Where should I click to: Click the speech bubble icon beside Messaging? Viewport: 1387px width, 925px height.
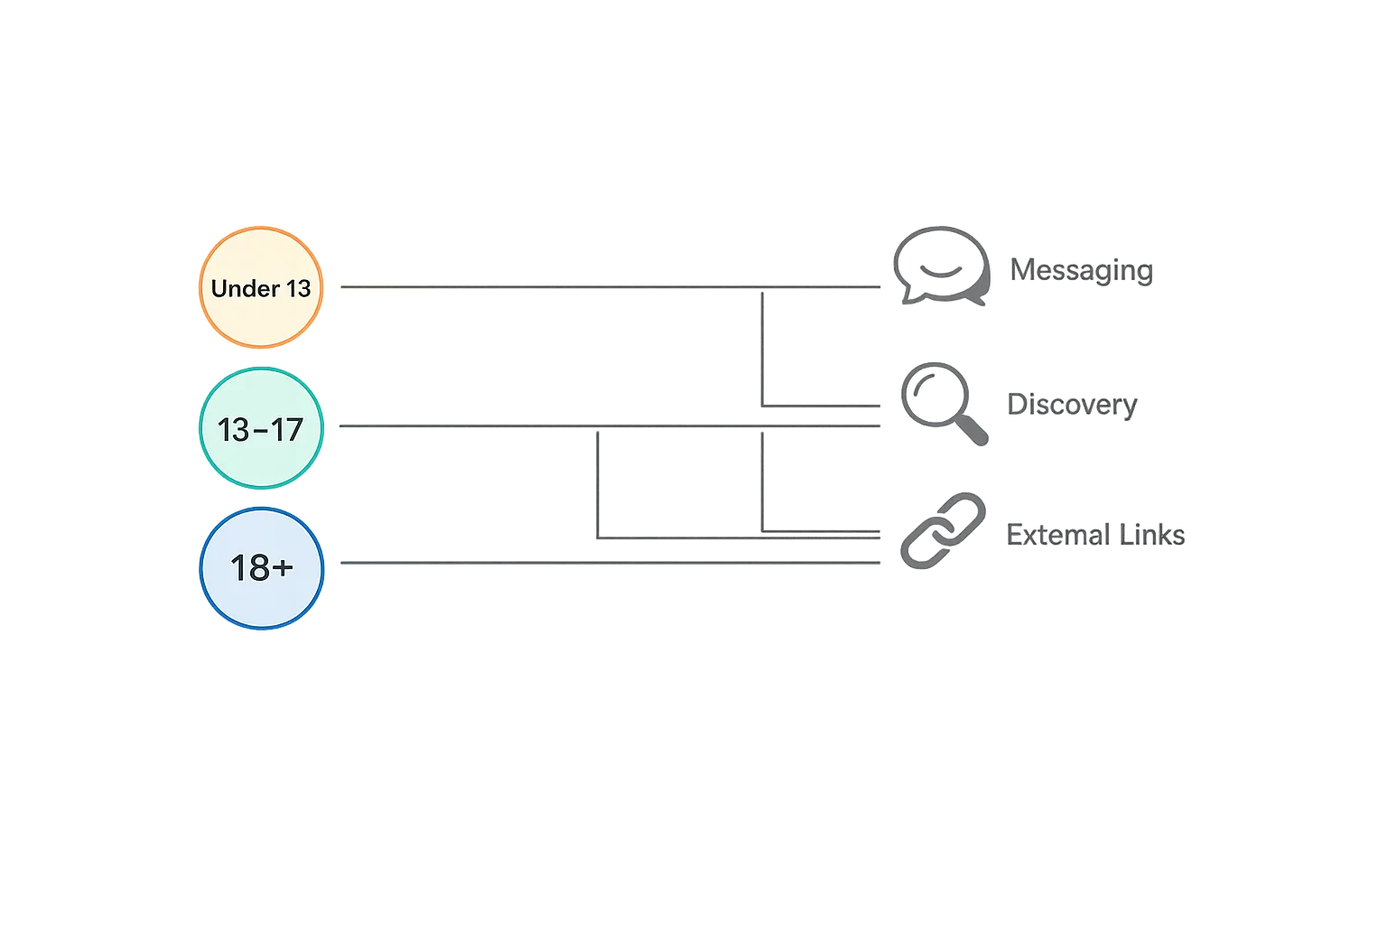[x=940, y=266]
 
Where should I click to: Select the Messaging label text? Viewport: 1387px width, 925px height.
[x=1081, y=270]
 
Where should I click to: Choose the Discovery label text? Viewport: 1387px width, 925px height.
[x=1071, y=405]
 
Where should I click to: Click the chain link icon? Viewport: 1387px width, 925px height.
[x=943, y=531]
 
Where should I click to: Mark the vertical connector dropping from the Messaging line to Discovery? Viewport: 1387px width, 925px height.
[x=762, y=348]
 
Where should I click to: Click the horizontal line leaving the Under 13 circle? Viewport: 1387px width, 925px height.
[x=542, y=285]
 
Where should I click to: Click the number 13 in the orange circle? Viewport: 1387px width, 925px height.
[x=298, y=288]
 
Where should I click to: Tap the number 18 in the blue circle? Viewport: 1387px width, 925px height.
[x=248, y=568]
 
